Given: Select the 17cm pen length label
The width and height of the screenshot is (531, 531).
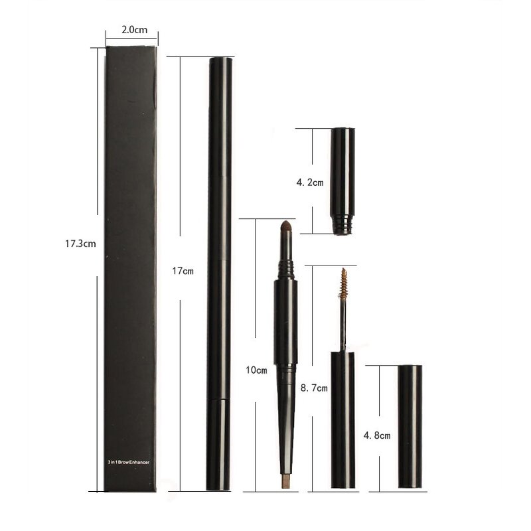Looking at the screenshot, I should point(183,271).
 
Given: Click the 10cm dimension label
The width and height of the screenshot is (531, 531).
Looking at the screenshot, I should point(256,370).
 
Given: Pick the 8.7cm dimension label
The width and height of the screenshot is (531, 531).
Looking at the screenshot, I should point(314,388).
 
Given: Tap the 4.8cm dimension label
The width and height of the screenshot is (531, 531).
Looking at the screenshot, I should point(376,435).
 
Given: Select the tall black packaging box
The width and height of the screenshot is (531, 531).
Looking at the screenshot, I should point(130,265).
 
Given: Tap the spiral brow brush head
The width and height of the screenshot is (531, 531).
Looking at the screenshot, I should point(343,283).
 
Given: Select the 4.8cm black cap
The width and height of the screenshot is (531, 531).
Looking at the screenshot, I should point(410,426).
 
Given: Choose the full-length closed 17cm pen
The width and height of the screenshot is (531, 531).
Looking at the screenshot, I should point(219,272).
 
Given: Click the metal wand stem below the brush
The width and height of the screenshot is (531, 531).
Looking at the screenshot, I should point(342,325).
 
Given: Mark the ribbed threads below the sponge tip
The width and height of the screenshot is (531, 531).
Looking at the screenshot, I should point(285,268).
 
